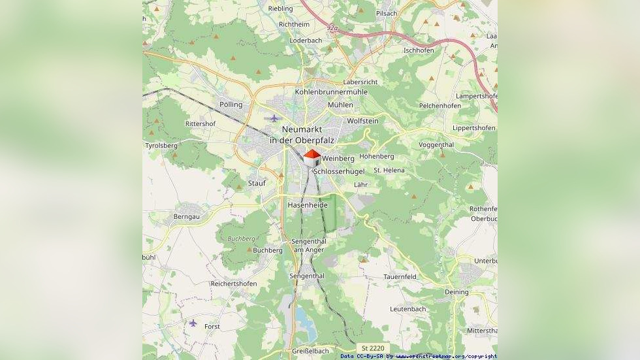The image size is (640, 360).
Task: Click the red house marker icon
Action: pyautogui.click(x=312, y=158)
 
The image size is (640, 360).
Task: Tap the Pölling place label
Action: pyautogui.click(x=231, y=105)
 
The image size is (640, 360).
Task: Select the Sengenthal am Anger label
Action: pyautogui.click(x=310, y=246)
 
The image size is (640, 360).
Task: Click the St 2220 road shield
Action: pyautogui.click(x=374, y=348)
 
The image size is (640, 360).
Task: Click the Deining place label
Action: pyautogui.click(x=456, y=292)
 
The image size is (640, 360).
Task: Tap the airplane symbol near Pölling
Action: pyautogui.click(x=274, y=118)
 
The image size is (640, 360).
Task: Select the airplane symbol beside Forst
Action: pyautogui.click(x=193, y=322)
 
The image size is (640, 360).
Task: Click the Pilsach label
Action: pyautogui.click(x=387, y=13)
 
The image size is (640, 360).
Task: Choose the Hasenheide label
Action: pyautogui.click(x=308, y=205)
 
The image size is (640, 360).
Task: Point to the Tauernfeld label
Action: pyautogui.click(x=400, y=277)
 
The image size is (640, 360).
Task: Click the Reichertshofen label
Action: pyautogui.click(x=234, y=284)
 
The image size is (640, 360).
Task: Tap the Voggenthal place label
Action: pyautogui.click(x=436, y=144)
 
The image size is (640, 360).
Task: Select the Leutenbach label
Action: pyautogui.click(x=408, y=309)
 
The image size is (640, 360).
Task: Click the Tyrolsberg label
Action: pyautogui.click(x=161, y=146)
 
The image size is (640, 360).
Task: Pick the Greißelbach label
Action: pyautogui.click(x=310, y=351)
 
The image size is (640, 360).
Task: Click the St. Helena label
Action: pyautogui.click(x=389, y=171)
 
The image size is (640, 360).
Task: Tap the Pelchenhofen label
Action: pyautogui.click(x=440, y=105)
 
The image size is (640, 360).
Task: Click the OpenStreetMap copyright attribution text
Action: pyautogui.click(x=419, y=356)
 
